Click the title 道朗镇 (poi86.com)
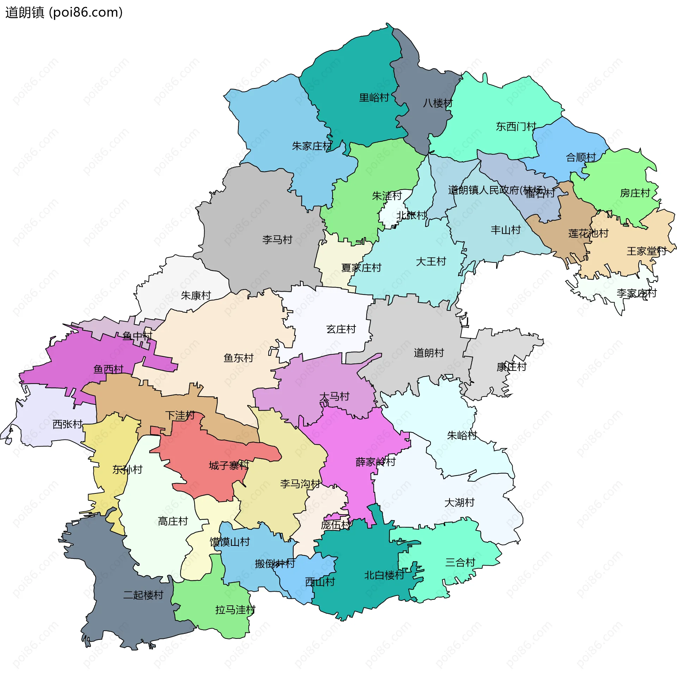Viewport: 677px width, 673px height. coord(64,12)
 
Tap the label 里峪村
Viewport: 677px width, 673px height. coord(374,98)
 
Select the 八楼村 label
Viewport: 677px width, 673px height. coord(438,103)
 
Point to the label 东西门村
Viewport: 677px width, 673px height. coord(516,126)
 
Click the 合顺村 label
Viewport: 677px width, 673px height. coord(581,157)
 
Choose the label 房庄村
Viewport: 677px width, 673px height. coord(635,193)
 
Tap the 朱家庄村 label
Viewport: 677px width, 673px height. coord(312,146)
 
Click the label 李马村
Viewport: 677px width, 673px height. coord(277,240)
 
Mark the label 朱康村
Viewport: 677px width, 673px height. coord(196,295)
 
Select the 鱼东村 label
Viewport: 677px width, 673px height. coord(238,358)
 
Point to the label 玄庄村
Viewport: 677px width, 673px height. coord(341,329)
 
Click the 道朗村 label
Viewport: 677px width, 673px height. coord(429,353)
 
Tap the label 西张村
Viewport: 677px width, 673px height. coord(67,424)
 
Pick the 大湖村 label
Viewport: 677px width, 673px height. coord(459,503)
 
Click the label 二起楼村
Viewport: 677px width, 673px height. coord(143,595)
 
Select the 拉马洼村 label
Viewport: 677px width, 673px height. coord(235,610)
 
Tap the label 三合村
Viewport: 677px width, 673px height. coord(460,562)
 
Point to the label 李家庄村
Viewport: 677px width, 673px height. coord(636,293)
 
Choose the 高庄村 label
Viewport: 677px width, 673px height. coord(173,521)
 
